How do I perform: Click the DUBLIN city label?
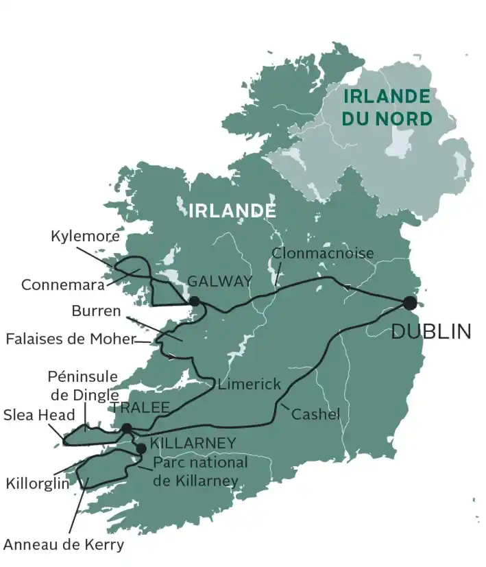pyautogui.click(x=430, y=332)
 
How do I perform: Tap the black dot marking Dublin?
pyautogui.click(x=410, y=303)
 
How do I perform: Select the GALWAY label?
pyautogui.click(x=219, y=281)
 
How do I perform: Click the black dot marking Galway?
pyautogui.click(x=195, y=301)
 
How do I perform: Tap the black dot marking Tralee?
pyautogui.click(x=127, y=429)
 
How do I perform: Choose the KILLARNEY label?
pyautogui.click(x=193, y=442)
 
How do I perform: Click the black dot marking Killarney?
pyautogui.click(x=141, y=448)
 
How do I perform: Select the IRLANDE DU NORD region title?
pyautogui.click(x=388, y=108)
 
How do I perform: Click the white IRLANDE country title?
pyautogui.click(x=232, y=210)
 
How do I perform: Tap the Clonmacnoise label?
pyautogui.click(x=323, y=253)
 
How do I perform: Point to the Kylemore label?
pyautogui.click(x=85, y=237)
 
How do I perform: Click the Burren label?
pyautogui.click(x=96, y=311)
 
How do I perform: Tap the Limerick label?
pyautogui.click(x=250, y=385)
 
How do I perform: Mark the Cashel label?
pyautogui.click(x=315, y=414)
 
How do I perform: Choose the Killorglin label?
pyautogui.click(x=38, y=483)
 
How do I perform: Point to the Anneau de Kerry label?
pyautogui.click(x=64, y=545)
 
